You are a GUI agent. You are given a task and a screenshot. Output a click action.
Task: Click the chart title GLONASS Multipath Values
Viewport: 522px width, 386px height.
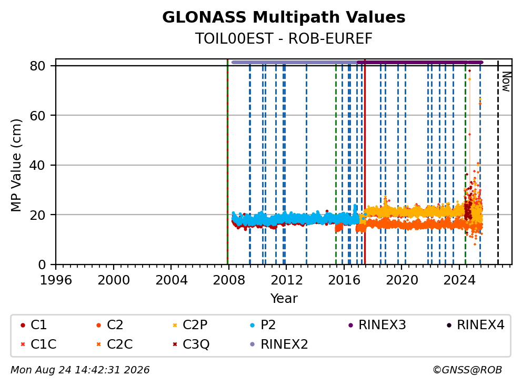tap(284, 17)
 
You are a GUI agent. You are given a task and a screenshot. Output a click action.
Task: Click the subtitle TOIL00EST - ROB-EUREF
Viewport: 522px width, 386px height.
tap(284, 38)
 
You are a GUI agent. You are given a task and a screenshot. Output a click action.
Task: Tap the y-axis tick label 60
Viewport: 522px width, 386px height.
tap(37, 116)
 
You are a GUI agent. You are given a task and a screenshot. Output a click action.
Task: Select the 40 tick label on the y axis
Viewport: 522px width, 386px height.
tap(37, 165)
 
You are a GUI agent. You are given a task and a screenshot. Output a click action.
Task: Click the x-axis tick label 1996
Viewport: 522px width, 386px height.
tap(56, 280)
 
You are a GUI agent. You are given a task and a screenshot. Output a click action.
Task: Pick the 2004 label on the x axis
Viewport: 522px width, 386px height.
tap(171, 280)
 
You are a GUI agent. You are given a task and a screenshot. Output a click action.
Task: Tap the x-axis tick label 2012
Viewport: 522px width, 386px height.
tap(286, 280)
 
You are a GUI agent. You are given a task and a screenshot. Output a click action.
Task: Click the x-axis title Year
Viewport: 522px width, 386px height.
tap(284, 299)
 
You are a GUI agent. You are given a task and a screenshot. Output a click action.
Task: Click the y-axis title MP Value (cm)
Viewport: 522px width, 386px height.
tap(16, 165)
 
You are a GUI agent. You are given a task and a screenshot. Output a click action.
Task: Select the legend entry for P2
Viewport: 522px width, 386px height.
tap(263, 325)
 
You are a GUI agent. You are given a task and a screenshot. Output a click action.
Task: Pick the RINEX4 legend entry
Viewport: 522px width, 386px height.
tap(475, 325)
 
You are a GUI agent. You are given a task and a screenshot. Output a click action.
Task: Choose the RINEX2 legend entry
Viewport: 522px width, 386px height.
tap(279, 344)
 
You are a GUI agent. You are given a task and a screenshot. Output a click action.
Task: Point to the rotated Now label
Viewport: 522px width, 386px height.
tap(506, 82)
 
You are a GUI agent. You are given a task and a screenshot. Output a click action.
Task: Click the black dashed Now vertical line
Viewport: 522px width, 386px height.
tap(498, 162)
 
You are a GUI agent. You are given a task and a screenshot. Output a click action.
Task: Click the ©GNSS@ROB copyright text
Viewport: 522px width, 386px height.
tap(467, 370)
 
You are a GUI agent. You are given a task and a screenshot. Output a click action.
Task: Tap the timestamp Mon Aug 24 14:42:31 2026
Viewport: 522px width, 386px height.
tap(80, 370)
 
